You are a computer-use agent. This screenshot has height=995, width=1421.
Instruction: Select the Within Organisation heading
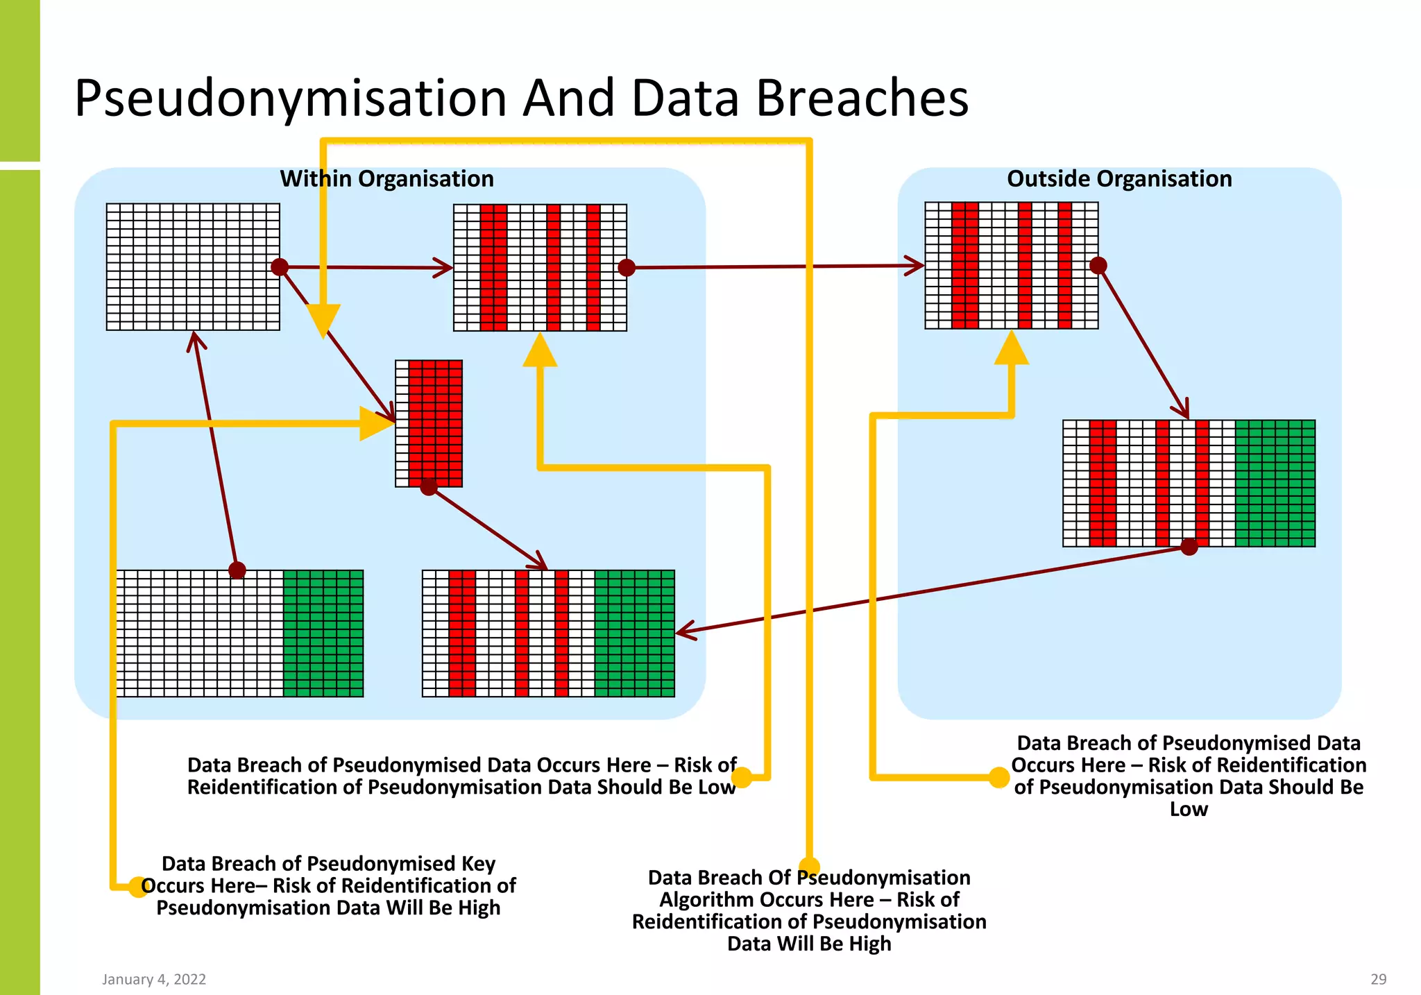[386, 179]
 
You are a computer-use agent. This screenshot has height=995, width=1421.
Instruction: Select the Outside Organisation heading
[1119, 179]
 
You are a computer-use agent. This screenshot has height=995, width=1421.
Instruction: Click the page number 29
[1378, 979]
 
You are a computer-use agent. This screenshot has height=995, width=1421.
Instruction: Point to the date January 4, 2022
[154, 979]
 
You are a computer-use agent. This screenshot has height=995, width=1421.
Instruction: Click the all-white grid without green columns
[193, 266]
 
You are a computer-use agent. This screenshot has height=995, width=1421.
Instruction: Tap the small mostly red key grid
[429, 423]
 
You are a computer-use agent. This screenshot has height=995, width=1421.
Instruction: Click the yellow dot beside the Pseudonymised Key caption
[139, 886]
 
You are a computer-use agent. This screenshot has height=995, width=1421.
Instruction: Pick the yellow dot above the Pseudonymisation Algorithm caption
[809, 867]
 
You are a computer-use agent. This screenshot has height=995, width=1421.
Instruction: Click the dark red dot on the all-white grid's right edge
[280, 266]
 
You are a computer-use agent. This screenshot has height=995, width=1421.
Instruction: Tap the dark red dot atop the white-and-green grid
[237, 570]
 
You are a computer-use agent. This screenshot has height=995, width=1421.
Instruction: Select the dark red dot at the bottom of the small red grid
[429, 486]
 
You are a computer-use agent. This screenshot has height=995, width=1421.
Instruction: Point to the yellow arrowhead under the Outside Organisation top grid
[1012, 348]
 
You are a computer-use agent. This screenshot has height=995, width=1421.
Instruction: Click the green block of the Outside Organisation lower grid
[1275, 483]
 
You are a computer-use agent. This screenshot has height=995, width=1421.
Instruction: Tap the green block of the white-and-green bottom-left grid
[323, 633]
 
